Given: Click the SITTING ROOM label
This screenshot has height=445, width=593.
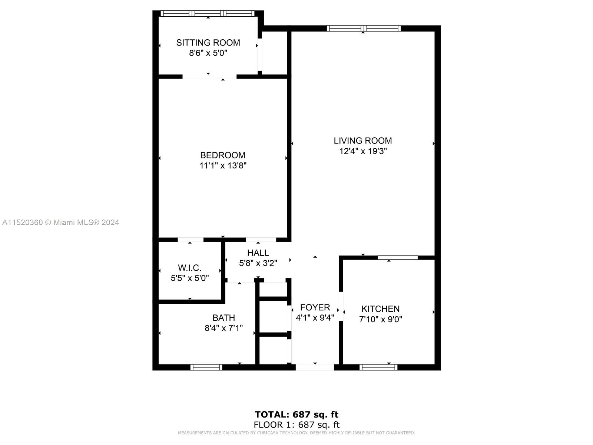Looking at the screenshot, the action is click(208, 43).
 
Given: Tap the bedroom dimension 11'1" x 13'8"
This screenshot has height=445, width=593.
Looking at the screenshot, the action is click(223, 165).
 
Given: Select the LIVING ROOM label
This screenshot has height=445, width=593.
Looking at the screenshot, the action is click(363, 141).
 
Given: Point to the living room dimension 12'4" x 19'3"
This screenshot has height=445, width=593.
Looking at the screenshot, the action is click(363, 151).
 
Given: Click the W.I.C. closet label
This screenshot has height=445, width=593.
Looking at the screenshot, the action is click(190, 268).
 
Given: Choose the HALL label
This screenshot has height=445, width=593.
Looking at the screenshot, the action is click(258, 253).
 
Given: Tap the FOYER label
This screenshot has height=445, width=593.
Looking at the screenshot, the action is click(315, 307).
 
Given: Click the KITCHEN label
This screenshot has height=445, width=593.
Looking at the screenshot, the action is click(380, 309).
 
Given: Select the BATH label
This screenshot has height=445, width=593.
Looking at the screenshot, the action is click(224, 318).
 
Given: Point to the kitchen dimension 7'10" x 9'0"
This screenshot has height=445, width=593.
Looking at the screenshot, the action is click(380, 319).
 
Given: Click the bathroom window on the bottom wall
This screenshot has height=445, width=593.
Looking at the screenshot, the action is click(206, 367).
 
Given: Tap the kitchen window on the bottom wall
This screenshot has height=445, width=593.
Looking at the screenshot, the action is click(378, 367).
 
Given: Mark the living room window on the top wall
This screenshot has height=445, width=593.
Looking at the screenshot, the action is click(364, 29).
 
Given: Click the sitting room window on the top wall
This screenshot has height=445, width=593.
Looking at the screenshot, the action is click(208, 13).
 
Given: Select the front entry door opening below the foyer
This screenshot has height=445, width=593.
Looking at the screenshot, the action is click(315, 367).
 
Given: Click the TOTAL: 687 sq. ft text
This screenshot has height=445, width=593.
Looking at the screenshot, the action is click(296, 415).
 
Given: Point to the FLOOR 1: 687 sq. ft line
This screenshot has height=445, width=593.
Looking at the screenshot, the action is click(296, 425).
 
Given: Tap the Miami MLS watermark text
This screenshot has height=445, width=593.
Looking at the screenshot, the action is click(60, 222).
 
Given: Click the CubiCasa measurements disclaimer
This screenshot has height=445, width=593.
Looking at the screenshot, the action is click(296, 433).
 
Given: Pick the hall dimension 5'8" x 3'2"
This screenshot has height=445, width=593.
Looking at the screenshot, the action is click(258, 263).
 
